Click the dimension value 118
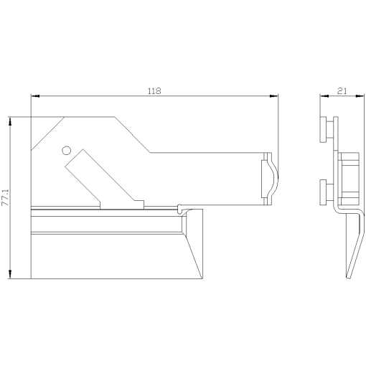154,90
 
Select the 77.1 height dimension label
6,197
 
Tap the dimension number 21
342,90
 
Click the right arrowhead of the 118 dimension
275,96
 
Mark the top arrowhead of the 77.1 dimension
10,120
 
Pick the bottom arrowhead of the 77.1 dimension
10,276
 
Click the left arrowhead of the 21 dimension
322,96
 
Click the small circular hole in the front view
66,150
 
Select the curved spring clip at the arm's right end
268,178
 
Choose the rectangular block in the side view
349,178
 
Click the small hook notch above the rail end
179,209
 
